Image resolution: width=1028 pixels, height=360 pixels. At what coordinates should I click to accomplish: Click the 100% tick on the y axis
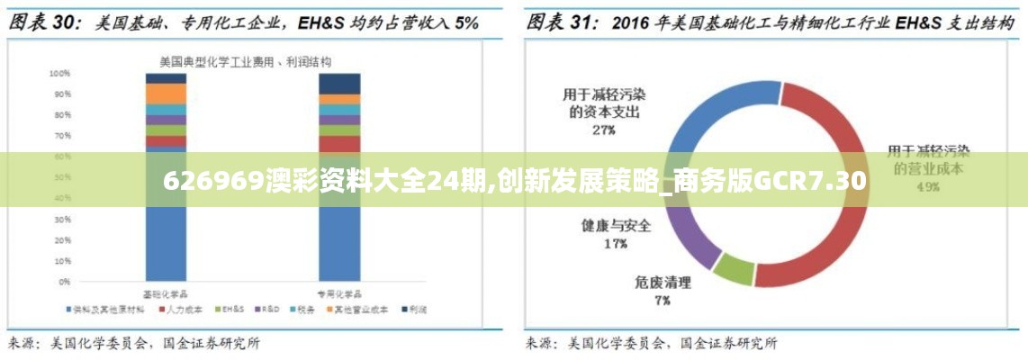[x=60, y=73]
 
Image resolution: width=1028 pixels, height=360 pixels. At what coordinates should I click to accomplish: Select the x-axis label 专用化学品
[x=339, y=293]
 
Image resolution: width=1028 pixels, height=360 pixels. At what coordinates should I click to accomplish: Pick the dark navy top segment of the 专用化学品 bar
[x=339, y=83]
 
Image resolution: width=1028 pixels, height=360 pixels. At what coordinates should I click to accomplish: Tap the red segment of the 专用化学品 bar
[x=339, y=142]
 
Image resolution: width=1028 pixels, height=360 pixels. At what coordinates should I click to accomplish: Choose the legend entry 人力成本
[x=180, y=310]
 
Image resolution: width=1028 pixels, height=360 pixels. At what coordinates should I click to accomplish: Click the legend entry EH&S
[x=231, y=310]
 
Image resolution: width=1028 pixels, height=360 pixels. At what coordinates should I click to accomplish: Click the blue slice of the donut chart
[x=711, y=118]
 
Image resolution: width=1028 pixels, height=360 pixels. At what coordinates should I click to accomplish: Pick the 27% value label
[x=604, y=130]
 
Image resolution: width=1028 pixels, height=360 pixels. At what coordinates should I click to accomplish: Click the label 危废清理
[x=663, y=283]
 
